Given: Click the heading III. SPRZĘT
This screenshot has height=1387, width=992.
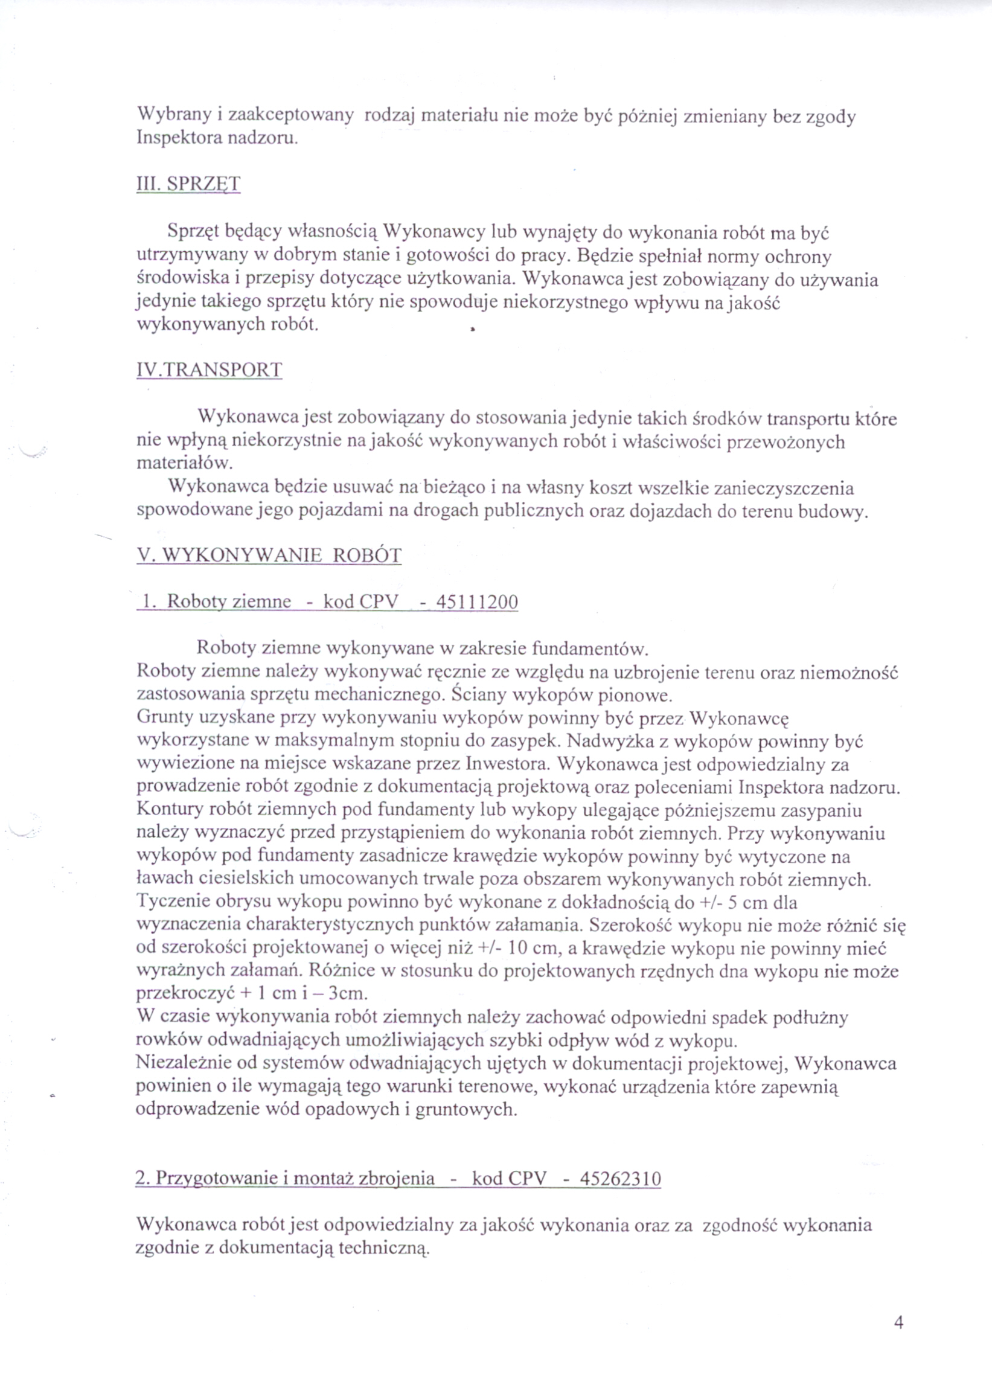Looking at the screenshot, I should click(188, 184).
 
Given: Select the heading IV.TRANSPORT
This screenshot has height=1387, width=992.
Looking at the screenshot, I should click(209, 370).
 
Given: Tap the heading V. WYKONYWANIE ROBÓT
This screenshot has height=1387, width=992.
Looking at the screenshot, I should click(269, 555).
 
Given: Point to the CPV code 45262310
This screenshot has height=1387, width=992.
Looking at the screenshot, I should click(620, 1179).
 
